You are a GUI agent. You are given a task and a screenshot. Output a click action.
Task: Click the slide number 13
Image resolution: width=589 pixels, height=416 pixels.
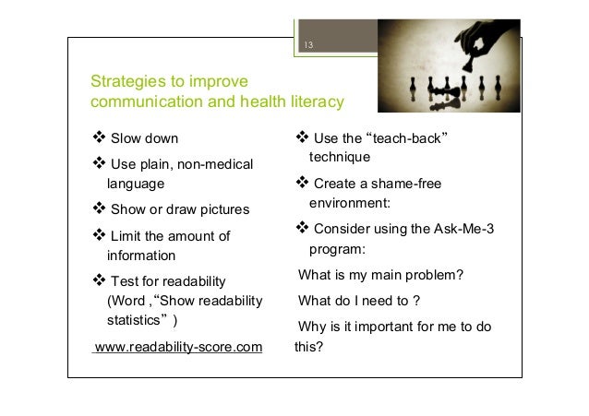(x=308, y=45)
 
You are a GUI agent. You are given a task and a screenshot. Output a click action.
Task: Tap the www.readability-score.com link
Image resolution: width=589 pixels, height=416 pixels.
(x=178, y=347)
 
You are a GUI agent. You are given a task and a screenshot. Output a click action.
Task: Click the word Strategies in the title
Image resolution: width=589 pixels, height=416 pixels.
(x=128, y=81)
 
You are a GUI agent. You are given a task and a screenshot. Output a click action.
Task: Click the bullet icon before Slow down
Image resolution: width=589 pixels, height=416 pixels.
(x=99, y=137)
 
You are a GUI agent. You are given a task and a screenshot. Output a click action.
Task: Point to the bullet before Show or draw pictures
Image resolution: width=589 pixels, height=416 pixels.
(x=99, y=208)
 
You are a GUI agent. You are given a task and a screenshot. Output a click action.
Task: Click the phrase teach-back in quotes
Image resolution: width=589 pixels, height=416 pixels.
(x=407, y=138)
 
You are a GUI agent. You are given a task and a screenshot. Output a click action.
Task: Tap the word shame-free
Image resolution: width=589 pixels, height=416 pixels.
(x=406, y=184)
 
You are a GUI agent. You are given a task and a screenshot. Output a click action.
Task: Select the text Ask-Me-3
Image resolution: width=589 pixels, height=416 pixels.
(x=464, y=229)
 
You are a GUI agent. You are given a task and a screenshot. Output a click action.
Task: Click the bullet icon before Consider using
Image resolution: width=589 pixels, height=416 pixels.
(x=303, y=227)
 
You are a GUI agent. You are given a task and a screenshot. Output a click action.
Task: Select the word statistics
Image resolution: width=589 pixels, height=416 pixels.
(x=133, y=320)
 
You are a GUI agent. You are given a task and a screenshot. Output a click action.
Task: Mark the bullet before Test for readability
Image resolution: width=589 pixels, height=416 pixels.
(x=99, y=279)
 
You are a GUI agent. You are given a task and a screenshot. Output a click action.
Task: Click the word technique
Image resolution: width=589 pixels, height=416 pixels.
(x=340, y=157)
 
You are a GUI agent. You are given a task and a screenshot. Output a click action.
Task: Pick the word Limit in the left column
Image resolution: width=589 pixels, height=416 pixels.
(x=126, y=236)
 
